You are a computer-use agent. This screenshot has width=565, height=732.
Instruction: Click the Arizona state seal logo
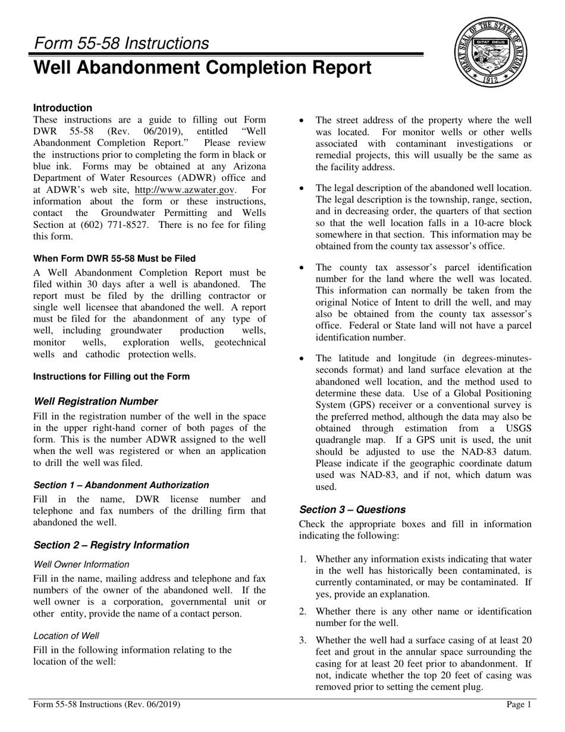[x=492, y=53]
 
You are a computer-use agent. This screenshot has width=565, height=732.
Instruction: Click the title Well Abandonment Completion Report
[x=203, y=68]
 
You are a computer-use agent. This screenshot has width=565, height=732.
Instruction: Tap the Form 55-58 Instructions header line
[x=121, y=43]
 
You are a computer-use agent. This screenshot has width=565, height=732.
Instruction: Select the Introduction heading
[x=62, y=108]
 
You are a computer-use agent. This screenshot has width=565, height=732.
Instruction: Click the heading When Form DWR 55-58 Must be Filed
[x=114, y=258]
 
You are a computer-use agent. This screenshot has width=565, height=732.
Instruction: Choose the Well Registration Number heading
[x=96, y=401]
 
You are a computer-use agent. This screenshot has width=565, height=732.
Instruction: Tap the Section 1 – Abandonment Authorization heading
[x=121, y=484]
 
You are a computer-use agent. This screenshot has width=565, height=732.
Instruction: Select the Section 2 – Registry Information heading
[x=111, y=545]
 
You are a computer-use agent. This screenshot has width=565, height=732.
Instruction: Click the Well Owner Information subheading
[x=81, y=564]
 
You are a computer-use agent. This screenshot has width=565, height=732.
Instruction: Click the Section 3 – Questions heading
[x=353, y=509]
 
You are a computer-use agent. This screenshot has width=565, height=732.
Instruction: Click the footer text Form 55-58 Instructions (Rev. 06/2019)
[x=107, y=705]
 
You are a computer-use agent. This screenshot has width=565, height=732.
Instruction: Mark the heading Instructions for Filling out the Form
[x=111, y=376]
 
